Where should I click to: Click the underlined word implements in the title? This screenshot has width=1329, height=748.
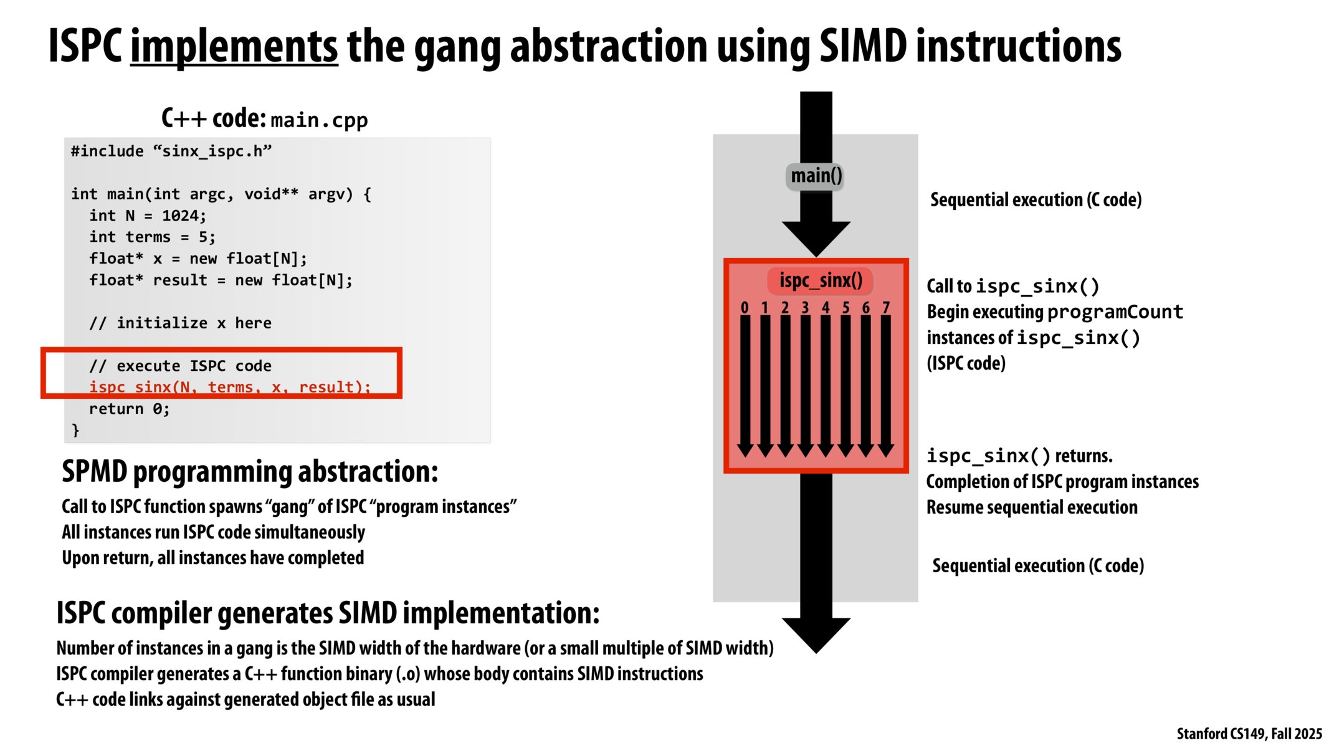(x=234, y=47)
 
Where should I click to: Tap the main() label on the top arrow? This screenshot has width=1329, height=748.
(x=816, y=176)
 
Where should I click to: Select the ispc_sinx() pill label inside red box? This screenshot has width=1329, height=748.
(x=820, y=280)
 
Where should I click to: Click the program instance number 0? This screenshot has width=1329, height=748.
(x=745, y=307)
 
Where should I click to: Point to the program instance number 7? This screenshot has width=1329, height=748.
(x=885, y=307)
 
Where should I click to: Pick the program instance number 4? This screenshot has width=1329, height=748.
(x=825, y=307)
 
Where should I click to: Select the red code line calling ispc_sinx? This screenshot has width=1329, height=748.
(x=229, y=387)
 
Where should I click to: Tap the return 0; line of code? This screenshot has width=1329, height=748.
(x=129, y=409)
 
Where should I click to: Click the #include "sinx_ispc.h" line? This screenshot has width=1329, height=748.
(x=171, y=151)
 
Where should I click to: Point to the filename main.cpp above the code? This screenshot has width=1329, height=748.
(x=319, y=120)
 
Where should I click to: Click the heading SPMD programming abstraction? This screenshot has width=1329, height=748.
(x=249, y=472)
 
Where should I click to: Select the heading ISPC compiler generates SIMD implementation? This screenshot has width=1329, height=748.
(x=328, y=613)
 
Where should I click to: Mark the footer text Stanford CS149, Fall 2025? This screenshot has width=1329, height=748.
(x=1249, y=734)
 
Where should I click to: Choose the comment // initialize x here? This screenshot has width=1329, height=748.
(x=180, y=323)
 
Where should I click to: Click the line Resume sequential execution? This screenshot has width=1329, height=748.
(x=1031, y=507)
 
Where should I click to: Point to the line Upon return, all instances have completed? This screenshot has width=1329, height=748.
(x=212, y=558)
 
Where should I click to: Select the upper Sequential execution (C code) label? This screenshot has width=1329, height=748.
(x=1036, y=200)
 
